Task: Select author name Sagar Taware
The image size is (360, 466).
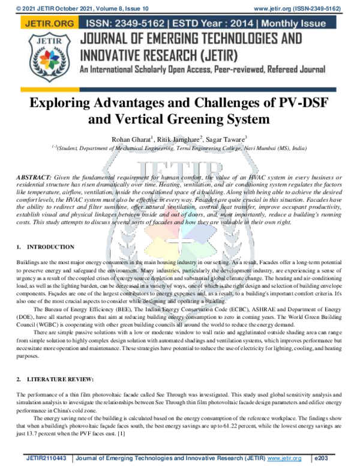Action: (x=225, y=140)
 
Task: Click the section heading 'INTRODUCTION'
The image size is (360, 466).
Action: (x=51, y=247)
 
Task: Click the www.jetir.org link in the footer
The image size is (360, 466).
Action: (x=284, y=458)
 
